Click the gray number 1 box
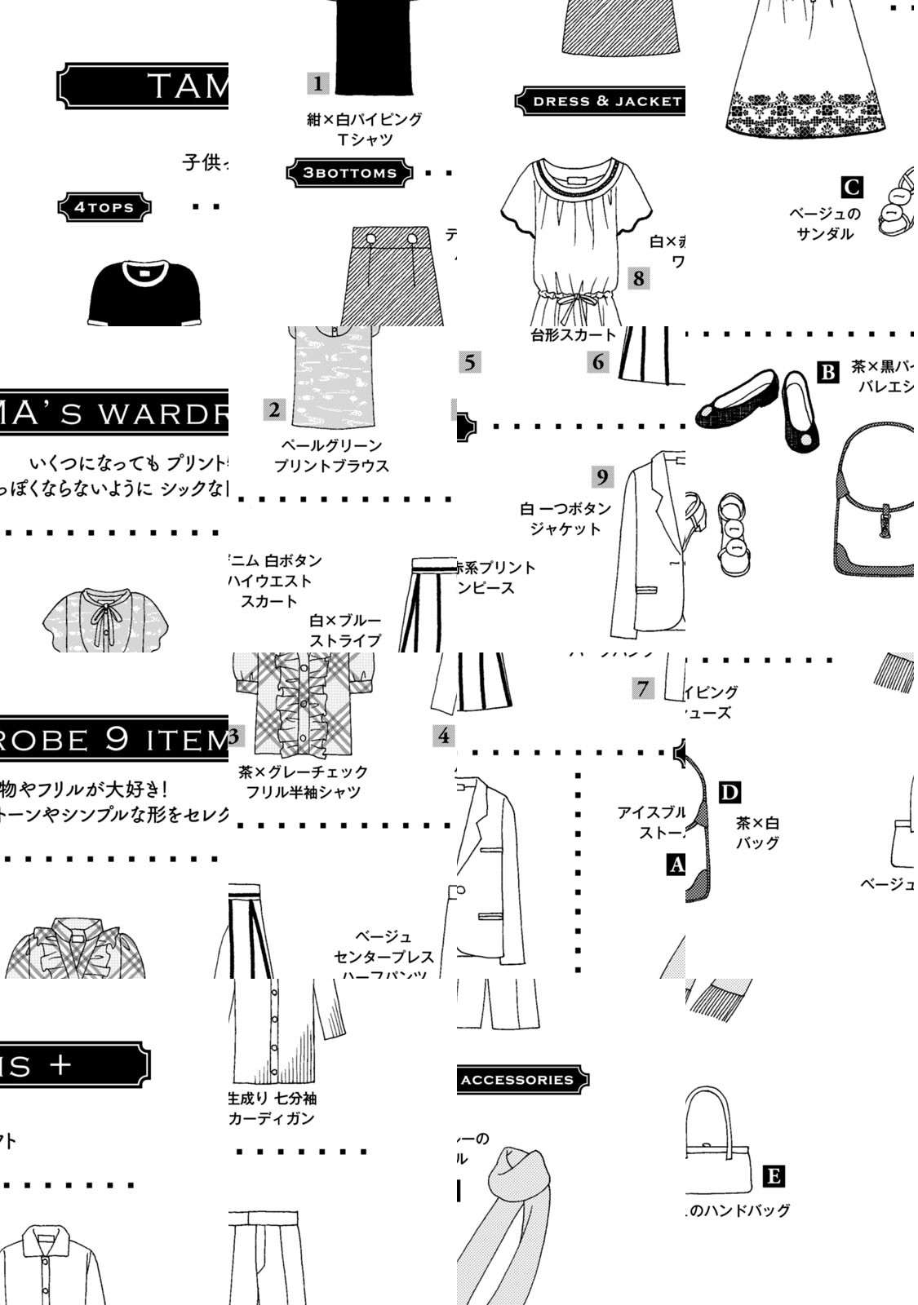[317, 83]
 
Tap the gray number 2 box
[274, 409]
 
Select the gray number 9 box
[602, 477]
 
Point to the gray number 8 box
[638, 279]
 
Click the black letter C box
[852, 188]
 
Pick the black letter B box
[828, 373]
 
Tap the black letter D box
[730, 792]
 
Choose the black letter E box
[774, 1176]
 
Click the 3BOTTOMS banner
[349, 173]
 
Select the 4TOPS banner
[104, 207]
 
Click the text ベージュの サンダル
[824, 223]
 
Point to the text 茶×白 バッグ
[757, 833]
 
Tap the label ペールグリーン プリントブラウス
[331, 456]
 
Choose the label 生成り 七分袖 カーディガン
[272, 1108]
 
